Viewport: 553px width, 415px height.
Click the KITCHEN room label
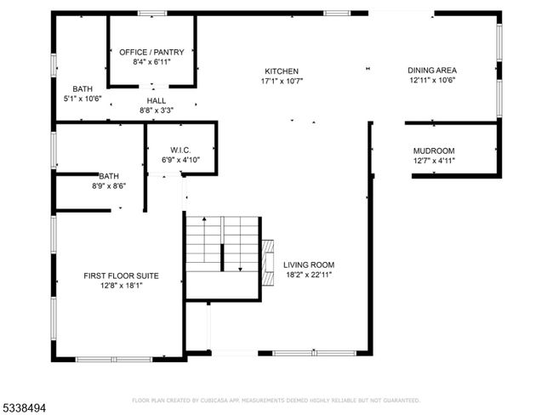click(x=282, y=71)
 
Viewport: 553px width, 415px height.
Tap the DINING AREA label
click(x=432, y=71)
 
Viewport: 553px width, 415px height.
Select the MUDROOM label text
click(x=434, y=151)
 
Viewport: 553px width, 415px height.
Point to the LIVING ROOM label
click(x=309, y=264)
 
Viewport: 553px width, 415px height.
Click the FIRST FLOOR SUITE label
click(x=121, y=276)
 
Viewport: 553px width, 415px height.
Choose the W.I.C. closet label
click(x=180, y=151)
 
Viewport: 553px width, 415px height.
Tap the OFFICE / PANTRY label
click(x=151, y=52)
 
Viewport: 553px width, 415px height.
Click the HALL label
click(x=157, y=101)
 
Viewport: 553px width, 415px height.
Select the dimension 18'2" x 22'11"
click(x=309, y=275)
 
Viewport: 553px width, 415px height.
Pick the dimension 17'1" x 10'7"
click(x=282, y=81)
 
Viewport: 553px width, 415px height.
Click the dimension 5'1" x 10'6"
click(x=83, y=99)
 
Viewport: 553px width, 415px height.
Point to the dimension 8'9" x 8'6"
click(x=109, y=186)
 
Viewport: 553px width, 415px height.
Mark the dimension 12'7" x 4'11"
click(x=434, y=161)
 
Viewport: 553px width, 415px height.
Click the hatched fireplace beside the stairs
click(x=268, y=263)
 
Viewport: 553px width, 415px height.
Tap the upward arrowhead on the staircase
click(x=204, y=219)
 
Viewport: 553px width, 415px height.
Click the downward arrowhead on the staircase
click(x=240, y=270)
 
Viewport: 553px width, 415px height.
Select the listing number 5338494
click(x=23, y=408)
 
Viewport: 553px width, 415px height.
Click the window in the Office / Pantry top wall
click(x=152, y=14)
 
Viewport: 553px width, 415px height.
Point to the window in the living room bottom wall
click(x=314, y=353)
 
